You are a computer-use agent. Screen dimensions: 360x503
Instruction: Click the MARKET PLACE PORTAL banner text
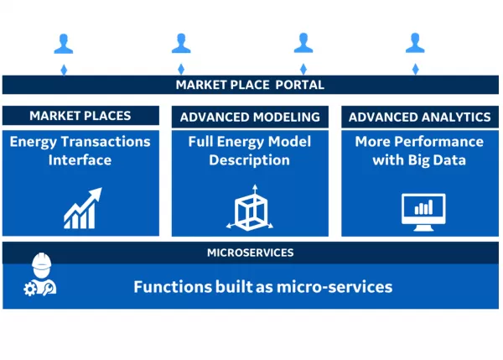pos(250,85)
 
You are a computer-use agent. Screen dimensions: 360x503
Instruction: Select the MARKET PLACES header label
pos(81,116)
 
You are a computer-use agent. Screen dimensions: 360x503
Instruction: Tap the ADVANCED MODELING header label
pos(250,117)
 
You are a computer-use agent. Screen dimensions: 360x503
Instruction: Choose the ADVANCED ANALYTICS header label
pos(419,117)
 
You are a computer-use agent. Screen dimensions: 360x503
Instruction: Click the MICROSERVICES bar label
pos(250,252)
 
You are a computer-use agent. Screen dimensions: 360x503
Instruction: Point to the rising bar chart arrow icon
pos(82,208)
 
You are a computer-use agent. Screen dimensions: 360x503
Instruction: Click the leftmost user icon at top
pos(64,43)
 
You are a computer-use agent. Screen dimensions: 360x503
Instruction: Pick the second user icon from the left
pos(181,43)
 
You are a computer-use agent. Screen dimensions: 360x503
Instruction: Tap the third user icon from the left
pos(303,43)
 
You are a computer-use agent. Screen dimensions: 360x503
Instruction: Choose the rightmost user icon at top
pos(415,43)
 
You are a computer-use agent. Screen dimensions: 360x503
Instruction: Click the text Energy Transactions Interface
pos(80,150)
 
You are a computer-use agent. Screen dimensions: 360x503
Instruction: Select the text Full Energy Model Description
pos(250,150)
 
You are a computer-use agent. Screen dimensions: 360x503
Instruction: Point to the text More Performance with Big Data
pos(419,150)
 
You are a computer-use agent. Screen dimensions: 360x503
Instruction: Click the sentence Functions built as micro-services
pos(262,286)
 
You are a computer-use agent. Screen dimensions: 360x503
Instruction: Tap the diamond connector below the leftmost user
pos(64,69)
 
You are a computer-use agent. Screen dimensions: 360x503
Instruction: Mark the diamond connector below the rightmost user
pos(415,69)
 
